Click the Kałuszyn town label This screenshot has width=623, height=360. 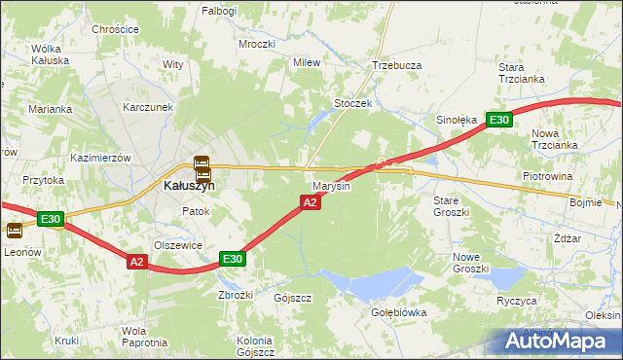coord(189,186)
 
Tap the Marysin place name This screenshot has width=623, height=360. coord(331,186)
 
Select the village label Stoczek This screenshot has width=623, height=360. coord(353,103)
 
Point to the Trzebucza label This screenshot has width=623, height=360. coord(396,65)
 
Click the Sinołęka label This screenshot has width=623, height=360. coord(456,121)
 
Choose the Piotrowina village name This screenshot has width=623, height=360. coord(546,176)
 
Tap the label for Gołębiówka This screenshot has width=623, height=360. coord(399,313)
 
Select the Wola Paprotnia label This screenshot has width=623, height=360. coord(141,337)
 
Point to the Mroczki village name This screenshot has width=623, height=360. coord(257,45)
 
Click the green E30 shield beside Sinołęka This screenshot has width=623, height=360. coord(499,120)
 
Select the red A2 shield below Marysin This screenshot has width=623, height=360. coord(310,202)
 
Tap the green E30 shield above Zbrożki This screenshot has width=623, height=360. coord(232,259)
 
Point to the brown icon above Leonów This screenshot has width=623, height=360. coord(15,231)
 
